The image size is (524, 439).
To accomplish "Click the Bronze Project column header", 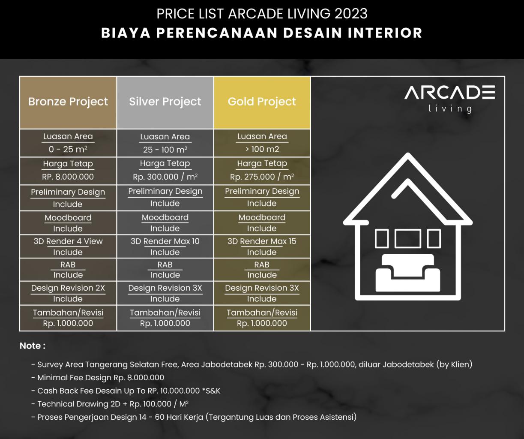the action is tap(68, 102).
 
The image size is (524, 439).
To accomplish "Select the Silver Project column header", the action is tap(165, 102).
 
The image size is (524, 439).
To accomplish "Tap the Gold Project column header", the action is tap(262, 102).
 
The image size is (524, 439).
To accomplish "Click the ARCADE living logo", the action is tap(450, 99).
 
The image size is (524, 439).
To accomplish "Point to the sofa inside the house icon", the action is tap(408, 273).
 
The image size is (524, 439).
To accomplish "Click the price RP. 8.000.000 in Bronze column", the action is tap(68, 177).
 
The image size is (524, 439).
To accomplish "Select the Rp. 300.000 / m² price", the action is tap(165, 177).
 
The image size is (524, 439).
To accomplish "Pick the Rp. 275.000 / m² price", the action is tap(262, 177).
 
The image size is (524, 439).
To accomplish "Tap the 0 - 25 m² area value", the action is tap(68, 150).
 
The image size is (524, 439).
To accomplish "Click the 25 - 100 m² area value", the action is tap(165, 150).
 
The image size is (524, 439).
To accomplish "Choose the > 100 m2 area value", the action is tap(262, 149).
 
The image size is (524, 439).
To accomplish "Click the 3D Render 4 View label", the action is tap(68, 241).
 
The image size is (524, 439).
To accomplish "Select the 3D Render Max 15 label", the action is tap(262, 241).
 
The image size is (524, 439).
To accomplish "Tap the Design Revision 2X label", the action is tap(68, 288).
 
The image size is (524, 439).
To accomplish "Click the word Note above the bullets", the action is tap(30, 346).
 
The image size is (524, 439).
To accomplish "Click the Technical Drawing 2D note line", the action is tap(110, 404).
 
